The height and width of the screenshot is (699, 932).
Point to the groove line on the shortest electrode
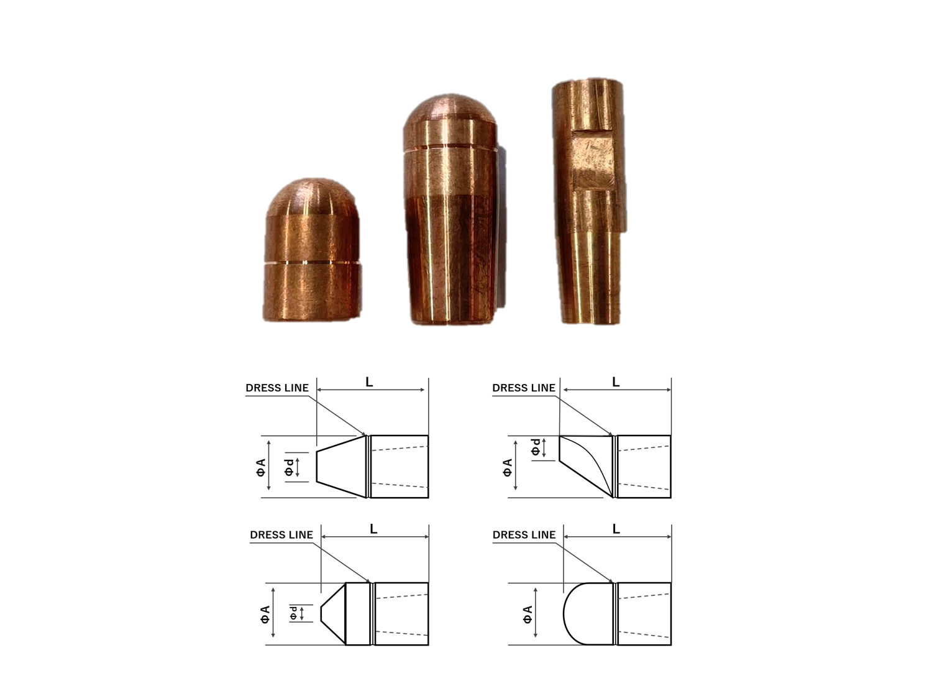pyautogui.click(x=313, y=263)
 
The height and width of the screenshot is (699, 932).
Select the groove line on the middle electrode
pyautogui.click(x=450, y=147)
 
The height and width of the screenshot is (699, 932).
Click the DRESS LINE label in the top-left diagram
pyautogui.click(x=277, y=388)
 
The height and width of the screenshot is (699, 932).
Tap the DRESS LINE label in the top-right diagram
pyautogui.click(x=524, y=388)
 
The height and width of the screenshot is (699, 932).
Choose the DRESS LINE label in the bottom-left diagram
pyautogui.click(x=281, y=535)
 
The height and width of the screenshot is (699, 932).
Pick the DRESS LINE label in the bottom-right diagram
pyautogui.click(x=524, y=535)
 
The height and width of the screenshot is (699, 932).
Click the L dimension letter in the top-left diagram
pyautogui.click(x=370, y=382)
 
